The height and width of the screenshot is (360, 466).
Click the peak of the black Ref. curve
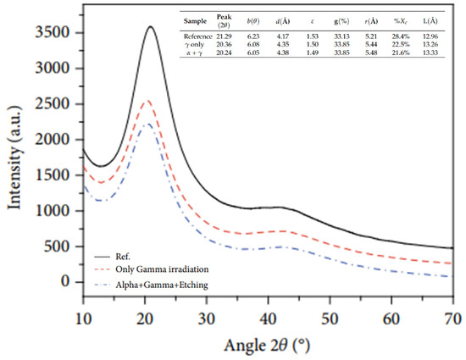151,27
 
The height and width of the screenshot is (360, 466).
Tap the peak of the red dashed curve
148,100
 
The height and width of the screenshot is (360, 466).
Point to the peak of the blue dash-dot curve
147,125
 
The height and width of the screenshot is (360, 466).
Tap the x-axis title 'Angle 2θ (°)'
267,345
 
